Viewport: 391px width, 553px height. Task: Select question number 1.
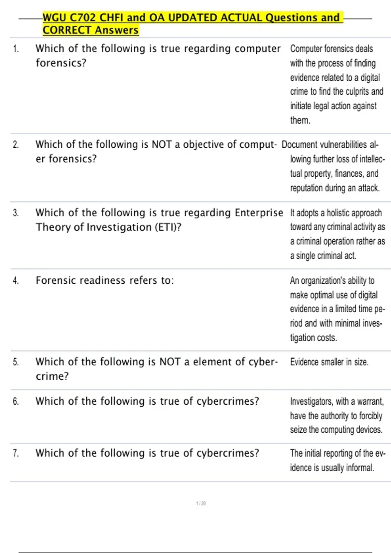(x=16, y=49)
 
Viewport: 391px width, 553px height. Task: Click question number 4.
(x=16, y=281)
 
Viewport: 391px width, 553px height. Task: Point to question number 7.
(x=16, y=453)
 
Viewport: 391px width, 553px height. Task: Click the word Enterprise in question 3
(x=259, y=213)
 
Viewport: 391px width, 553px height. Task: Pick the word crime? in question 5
(x=52, y=376)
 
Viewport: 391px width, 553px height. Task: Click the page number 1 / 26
(x=201, y=503)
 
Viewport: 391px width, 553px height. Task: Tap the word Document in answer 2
(x=299, y=145)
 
